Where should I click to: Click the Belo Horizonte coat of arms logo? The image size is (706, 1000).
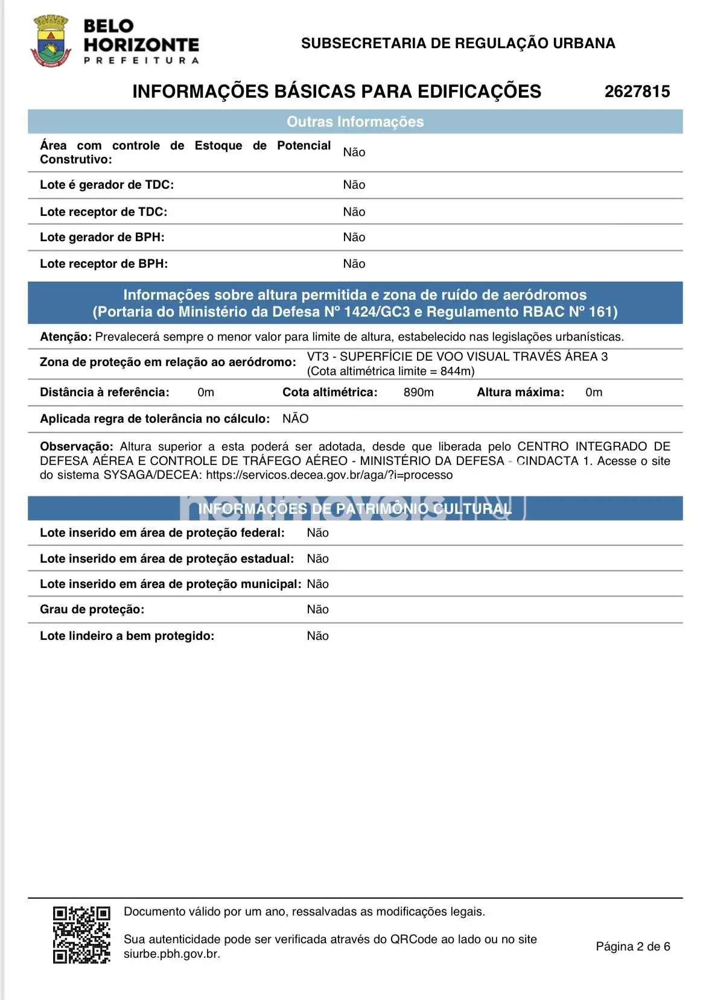tap(51, 42)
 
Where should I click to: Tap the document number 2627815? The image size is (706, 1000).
tap(637, 92)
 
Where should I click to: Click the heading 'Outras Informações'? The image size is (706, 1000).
tap(355, 122)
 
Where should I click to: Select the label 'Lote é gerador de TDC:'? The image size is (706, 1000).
tap(107, 185)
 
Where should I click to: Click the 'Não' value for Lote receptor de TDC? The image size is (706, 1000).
tap(354, 212)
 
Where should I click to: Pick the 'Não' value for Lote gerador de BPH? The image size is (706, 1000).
tap(354, 238)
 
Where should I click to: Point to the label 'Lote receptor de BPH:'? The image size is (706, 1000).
tap(104, 264)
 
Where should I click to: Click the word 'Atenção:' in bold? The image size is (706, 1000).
tap(66, 337)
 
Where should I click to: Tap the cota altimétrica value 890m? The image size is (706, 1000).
tap(418, 393)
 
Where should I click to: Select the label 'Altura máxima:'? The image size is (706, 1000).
tap(520, 393)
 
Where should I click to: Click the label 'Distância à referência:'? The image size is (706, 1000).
tap(104, 393)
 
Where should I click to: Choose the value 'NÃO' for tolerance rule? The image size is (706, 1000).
tap(295, 419)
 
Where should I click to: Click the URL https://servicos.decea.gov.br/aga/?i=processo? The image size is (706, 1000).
tap(329, 475)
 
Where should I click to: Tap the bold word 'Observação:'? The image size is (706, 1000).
tap(76, 447)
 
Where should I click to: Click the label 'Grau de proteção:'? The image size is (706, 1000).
tap(92, 610)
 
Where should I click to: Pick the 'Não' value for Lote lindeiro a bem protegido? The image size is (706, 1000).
tap(317, 636)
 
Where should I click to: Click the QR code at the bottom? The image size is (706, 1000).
tap(81, 934)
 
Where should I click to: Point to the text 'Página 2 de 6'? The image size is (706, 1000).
tap(632, 947)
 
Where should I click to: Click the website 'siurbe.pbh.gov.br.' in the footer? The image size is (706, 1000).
tap(172, 954)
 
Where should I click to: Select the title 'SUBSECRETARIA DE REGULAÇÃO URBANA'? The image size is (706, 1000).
tap(458, 43)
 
